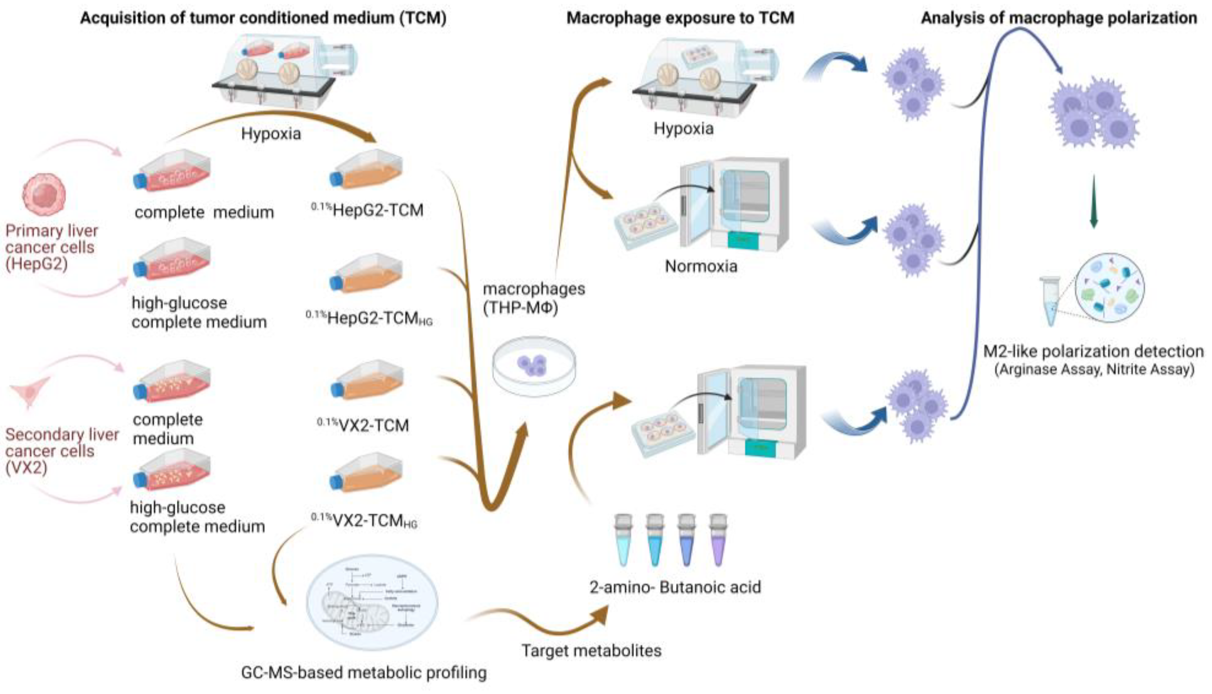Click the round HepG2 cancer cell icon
[44, 194]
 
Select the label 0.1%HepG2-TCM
[367, 210]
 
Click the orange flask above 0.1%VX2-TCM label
[367, 380]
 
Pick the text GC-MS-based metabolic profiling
[364, 672]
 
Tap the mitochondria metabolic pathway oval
[372, 603]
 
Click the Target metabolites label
[591, 651]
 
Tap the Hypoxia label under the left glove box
[271, 134]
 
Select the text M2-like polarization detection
[1093, 352]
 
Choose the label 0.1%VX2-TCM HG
[364, 521]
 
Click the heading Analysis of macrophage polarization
[1058, 18]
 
